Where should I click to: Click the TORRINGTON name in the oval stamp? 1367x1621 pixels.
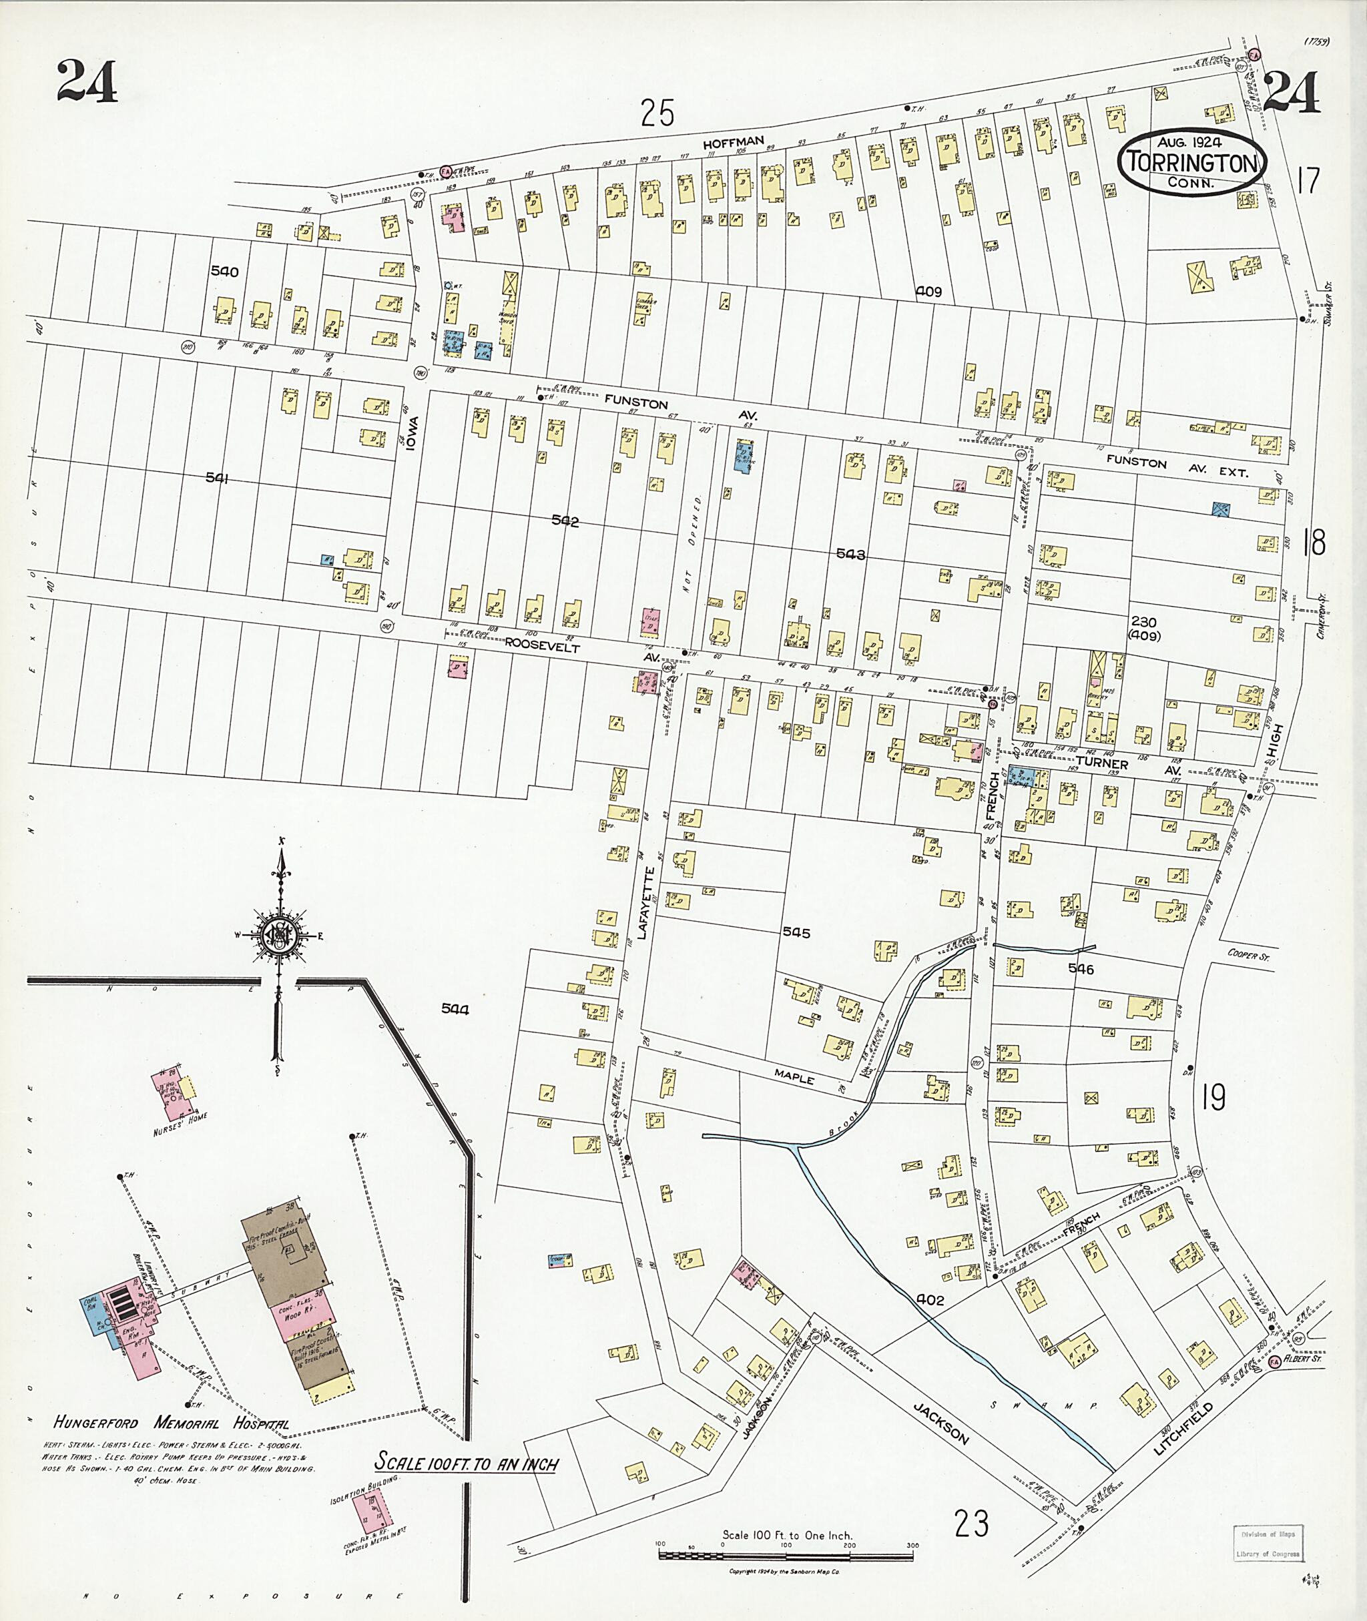(x=1192, y=163)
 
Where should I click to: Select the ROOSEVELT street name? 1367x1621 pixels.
(x=542, y=645)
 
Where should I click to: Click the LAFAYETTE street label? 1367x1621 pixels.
(x=649, y=891)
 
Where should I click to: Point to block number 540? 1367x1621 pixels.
(x=224, y=271)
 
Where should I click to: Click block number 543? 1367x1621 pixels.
(x=850, y=555)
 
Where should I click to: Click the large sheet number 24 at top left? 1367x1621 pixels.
(x=86, y=81)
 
